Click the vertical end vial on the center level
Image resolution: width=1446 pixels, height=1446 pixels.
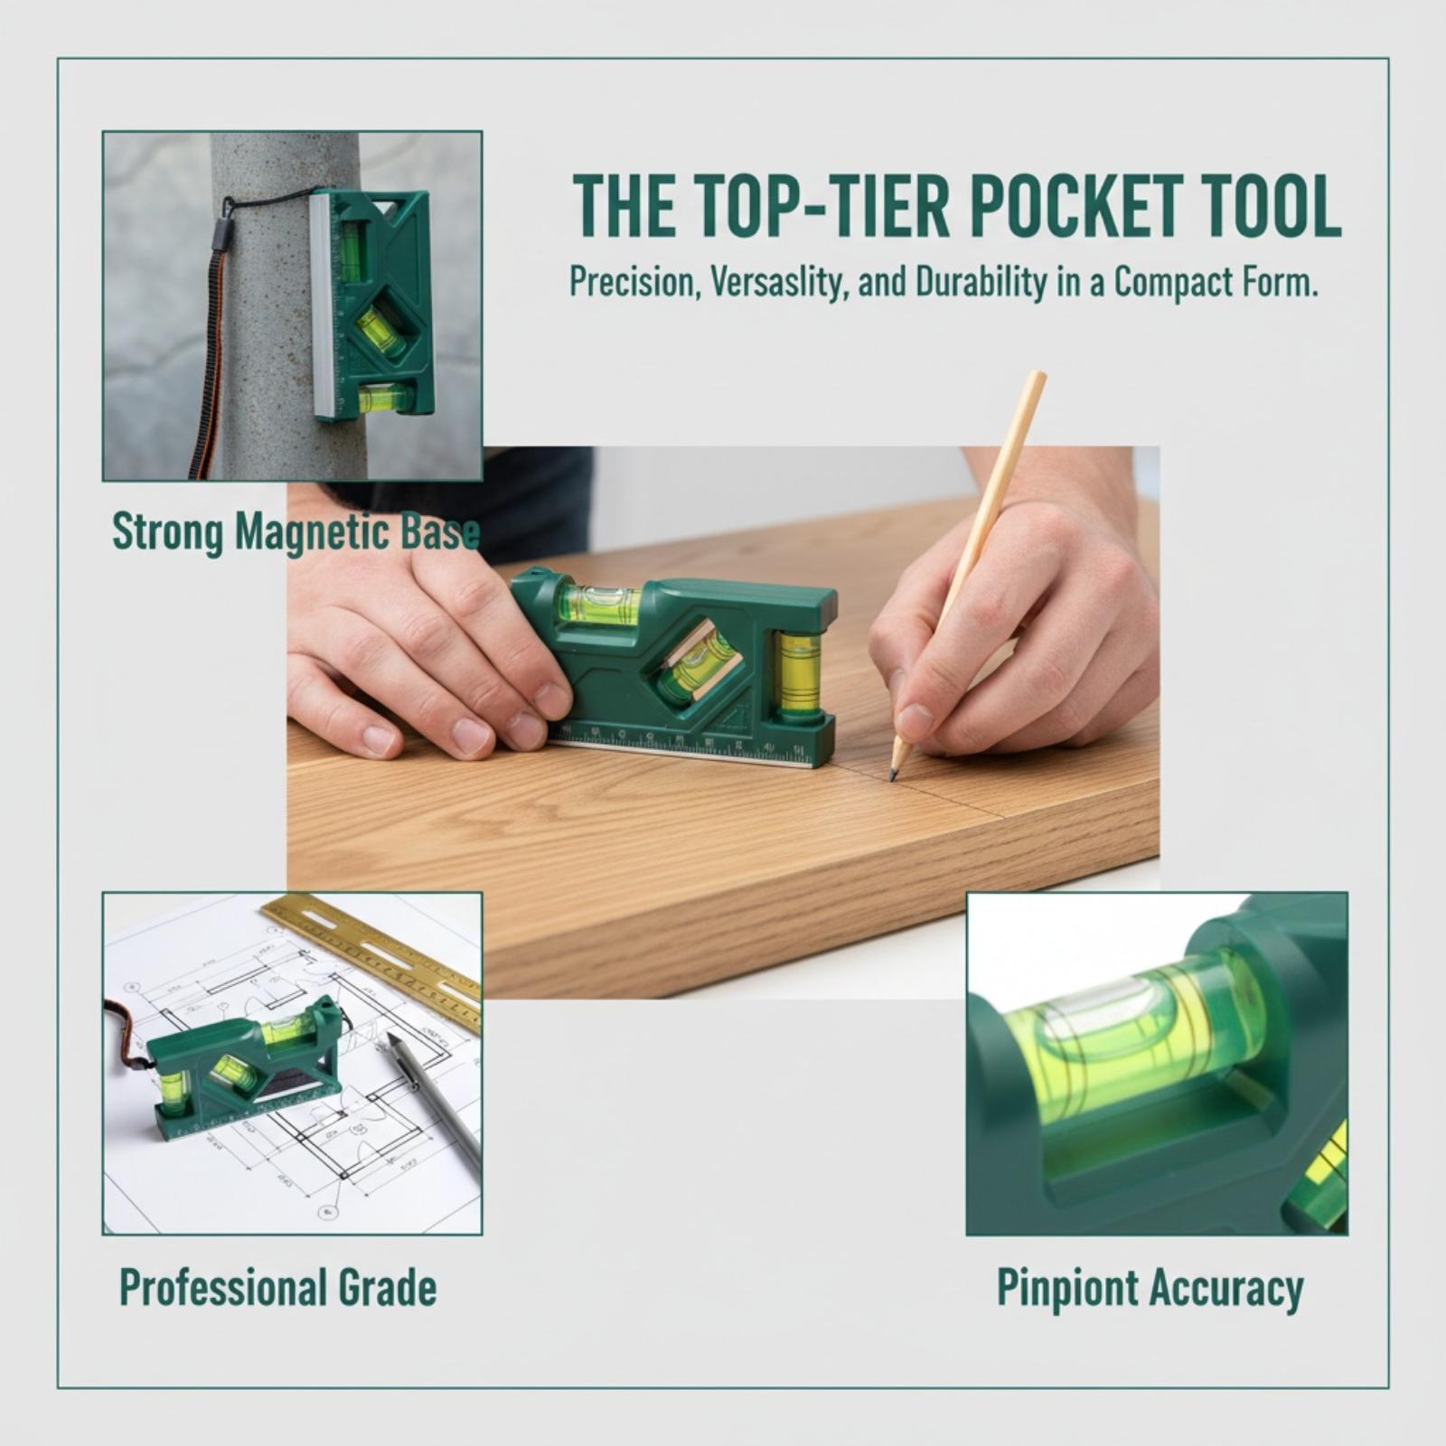tap(798, 675)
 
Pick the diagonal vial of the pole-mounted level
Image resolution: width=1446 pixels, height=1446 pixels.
tap(380, 331)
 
